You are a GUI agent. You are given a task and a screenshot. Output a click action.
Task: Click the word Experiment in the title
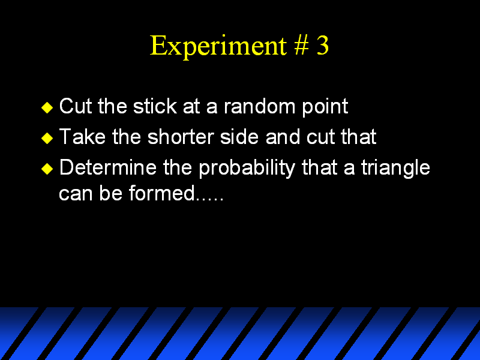coord(218,46)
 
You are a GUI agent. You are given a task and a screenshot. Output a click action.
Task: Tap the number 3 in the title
coord(323,46)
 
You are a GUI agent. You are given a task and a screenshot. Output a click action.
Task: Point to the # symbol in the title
coord(302,46)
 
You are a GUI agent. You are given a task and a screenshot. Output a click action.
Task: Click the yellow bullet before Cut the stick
coord(47,107)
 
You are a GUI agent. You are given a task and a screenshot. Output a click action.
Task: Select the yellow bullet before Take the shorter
coord(47,138)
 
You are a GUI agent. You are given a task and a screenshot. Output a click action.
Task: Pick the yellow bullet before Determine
coord(47,169)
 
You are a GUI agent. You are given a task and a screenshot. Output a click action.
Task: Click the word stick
coord(155,106)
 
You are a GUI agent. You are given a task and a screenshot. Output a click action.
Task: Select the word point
coord(325,108)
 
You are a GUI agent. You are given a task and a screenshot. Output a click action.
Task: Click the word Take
coord(82,136)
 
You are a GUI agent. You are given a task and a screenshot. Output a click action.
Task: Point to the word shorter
coord(181,136)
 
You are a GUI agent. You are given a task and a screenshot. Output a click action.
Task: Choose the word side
coord(239,136)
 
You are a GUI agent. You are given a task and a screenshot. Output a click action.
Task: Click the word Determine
coord(108,167)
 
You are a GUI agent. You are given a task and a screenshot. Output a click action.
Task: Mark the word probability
coord(247,169)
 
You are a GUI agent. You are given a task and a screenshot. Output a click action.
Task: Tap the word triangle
coord(396,169)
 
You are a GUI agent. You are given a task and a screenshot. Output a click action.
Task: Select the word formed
coord(161,193)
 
